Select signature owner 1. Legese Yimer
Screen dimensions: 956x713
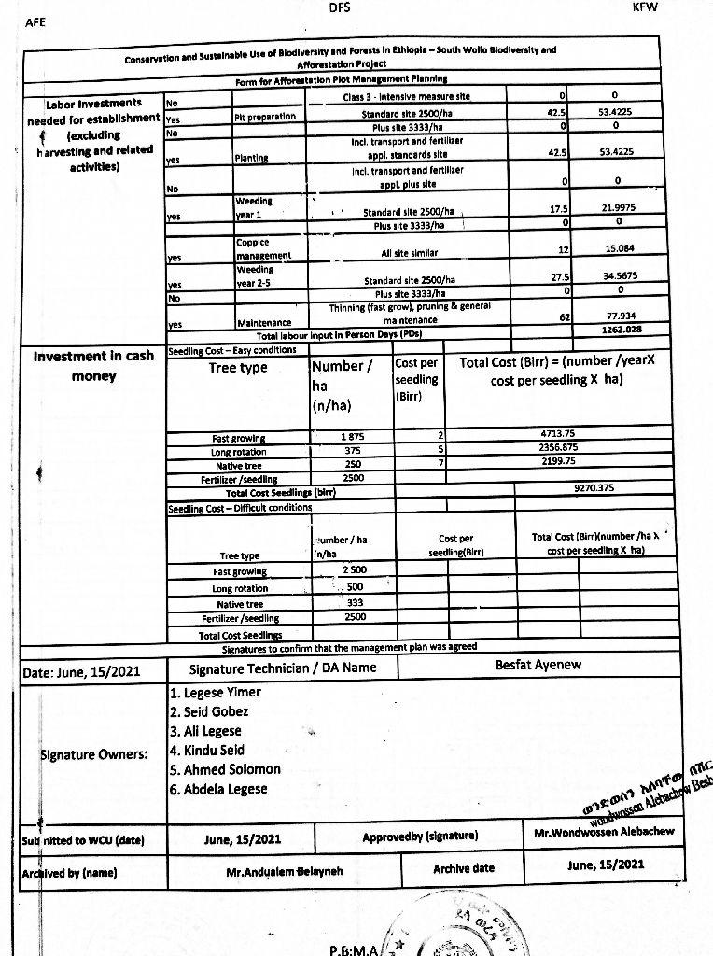pos(216,693)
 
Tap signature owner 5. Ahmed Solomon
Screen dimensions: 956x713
pos(225,769)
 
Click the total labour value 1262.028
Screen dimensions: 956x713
pos(615,330)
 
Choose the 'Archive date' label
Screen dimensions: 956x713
pos(463,868)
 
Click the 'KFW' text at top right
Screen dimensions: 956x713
pos(645,7)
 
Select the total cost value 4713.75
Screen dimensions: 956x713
pos(557,434)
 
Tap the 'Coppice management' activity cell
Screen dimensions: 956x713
pos(263,248)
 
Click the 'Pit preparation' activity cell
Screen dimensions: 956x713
pos(265,117)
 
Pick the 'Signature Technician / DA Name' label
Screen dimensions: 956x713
pos(283,668)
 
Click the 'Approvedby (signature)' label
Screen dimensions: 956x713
pos(420,835)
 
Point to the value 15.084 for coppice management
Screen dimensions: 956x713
pos(615,249)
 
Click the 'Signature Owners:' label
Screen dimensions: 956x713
pos(93,754)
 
